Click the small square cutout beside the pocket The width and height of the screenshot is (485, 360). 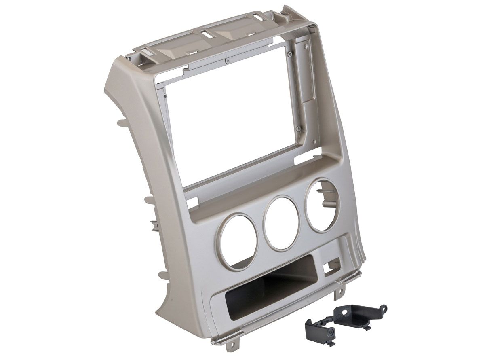click(x=328, y=266)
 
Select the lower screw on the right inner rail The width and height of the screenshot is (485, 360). click(x=298, y=129)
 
